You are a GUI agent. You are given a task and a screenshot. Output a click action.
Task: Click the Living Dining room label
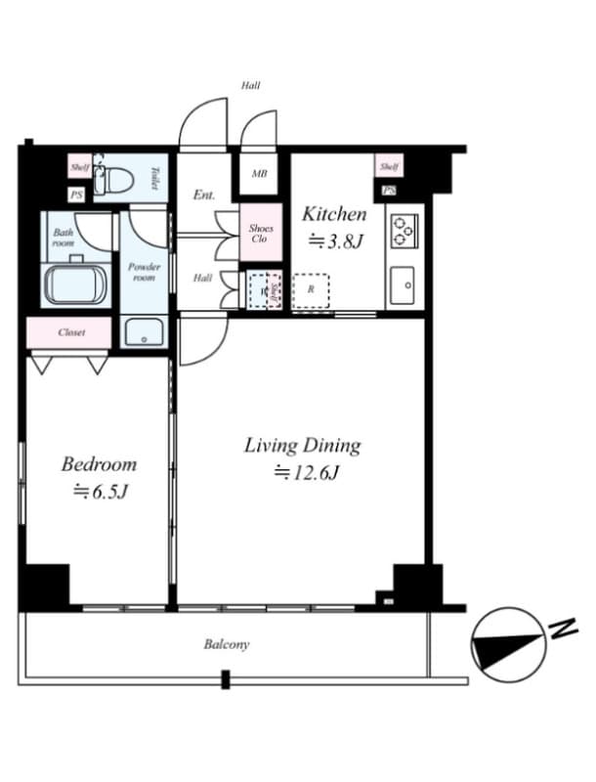302,446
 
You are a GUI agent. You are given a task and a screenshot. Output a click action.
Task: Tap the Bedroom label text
99,463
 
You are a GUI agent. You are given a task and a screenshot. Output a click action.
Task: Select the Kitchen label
334,214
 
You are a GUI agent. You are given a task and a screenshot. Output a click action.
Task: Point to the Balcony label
227,644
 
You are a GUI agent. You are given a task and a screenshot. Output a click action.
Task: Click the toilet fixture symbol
116,181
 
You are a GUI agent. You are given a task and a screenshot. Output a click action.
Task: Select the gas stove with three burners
404,231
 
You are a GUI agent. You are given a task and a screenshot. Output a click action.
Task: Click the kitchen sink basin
403,285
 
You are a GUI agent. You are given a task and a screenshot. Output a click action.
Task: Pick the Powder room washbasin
144,331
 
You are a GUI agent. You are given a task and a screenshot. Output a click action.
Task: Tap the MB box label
259,175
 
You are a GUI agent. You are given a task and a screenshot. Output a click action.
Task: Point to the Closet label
71,332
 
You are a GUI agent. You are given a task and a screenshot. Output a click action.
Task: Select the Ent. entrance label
203,195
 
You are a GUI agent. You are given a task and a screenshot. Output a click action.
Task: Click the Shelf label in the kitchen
389,167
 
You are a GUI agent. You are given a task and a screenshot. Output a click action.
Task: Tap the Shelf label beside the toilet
80,168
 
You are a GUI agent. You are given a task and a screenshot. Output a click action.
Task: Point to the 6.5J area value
100,492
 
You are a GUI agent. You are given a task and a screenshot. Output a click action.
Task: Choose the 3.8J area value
335,242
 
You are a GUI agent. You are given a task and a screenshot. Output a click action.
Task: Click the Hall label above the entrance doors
251,86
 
